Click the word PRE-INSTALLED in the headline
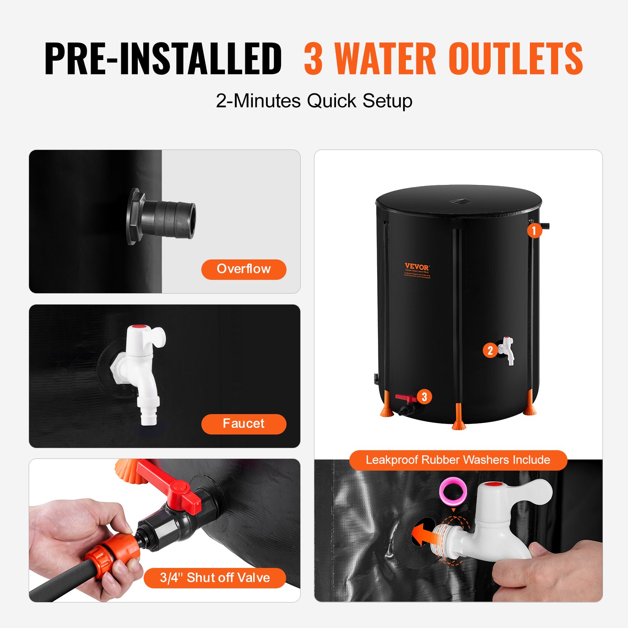(x=163, y=59)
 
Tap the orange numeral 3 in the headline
(x=313, y=59)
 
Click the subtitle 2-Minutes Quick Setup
(x=314, y=101)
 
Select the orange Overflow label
(x=244, y=269)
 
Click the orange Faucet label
(x=244, y=424)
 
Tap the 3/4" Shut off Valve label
(x=215, y=578)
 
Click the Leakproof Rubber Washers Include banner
(x=458, y=460)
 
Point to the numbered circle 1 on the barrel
(x=534, y=230)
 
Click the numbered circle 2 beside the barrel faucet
(x=490, y=350)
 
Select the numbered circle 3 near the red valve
(x=424, y=397)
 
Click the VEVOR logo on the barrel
(x=417, y=267)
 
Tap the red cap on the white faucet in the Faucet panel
(x=138, y=327)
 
